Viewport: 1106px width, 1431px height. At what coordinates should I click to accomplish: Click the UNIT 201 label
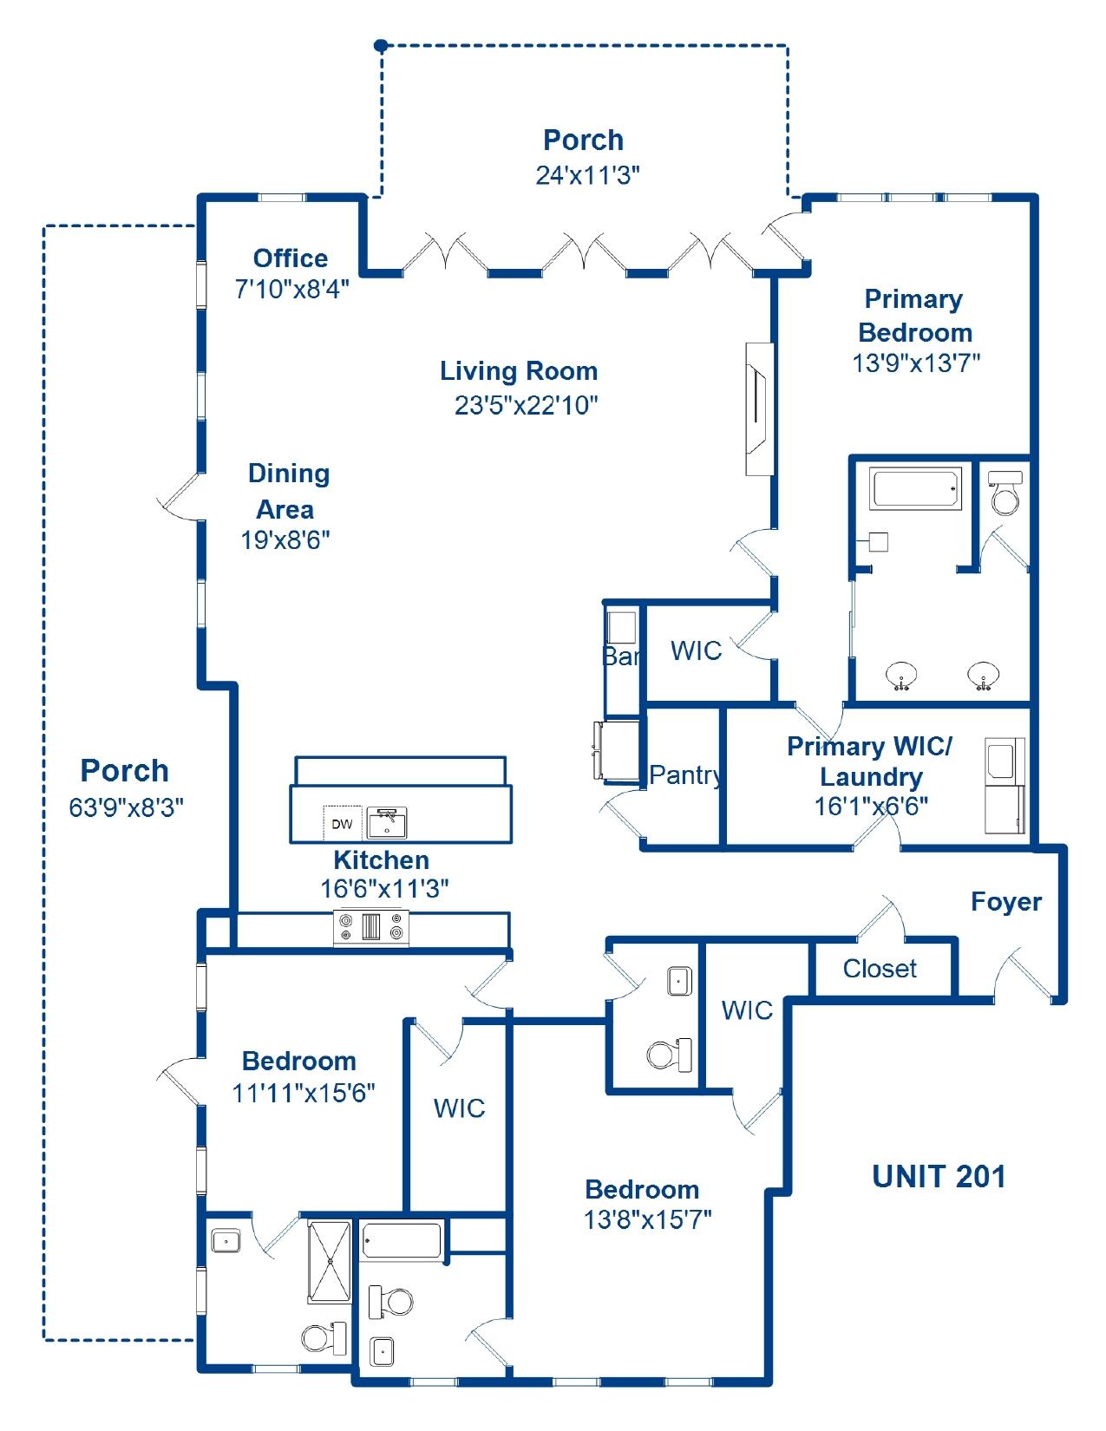coord(939,1177)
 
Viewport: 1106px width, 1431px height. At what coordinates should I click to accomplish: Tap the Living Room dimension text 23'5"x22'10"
coord(527,405)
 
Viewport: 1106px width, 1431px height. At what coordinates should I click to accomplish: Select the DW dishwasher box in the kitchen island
coord(342,823)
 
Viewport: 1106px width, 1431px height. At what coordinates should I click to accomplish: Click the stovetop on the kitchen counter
coord(371,927)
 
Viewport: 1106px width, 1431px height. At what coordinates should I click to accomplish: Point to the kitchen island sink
coord(387,822)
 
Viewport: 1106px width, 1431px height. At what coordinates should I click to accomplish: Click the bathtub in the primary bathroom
coord(916,489)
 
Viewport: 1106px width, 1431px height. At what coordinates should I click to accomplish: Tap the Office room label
coord(291,258)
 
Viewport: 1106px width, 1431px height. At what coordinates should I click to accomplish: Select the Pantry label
coord(685,774)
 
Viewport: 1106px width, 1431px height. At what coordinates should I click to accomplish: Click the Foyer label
coord(1005,902)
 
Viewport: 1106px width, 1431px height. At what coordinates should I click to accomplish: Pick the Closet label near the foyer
coord(879,969)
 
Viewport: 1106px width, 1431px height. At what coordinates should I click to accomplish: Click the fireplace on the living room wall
coord(759,409)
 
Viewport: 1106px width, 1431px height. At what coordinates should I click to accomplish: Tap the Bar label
coord(621,657)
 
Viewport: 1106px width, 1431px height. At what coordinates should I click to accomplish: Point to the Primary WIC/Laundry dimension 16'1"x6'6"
coord(870,807)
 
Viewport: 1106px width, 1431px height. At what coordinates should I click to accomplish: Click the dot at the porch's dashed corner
coord(380,45)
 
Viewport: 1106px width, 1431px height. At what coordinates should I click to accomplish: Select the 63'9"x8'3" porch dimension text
coord(126,808)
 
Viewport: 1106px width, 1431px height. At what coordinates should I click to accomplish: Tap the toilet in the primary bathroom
coord(1005,493)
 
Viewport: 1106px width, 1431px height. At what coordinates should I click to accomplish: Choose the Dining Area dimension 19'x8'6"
coord(285,540)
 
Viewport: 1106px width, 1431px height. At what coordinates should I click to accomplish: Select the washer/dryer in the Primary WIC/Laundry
coord(1005,785)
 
